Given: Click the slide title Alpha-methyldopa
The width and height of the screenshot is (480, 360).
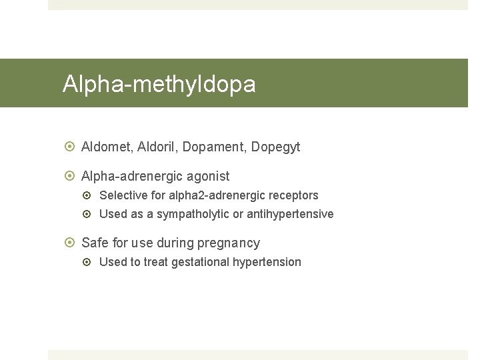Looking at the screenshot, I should pos(159,85).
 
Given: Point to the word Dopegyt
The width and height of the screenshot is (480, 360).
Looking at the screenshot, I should pos(275,147).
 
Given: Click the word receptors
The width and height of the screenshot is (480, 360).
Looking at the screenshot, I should pos(293,195).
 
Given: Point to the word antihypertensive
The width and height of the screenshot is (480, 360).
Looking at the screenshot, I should pos(290,214).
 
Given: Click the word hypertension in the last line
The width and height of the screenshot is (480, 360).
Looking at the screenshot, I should pos(267,262).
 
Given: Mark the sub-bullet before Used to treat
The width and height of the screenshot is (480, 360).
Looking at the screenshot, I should pos(89,262).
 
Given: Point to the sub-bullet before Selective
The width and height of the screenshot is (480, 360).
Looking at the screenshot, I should pos(89,195).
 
